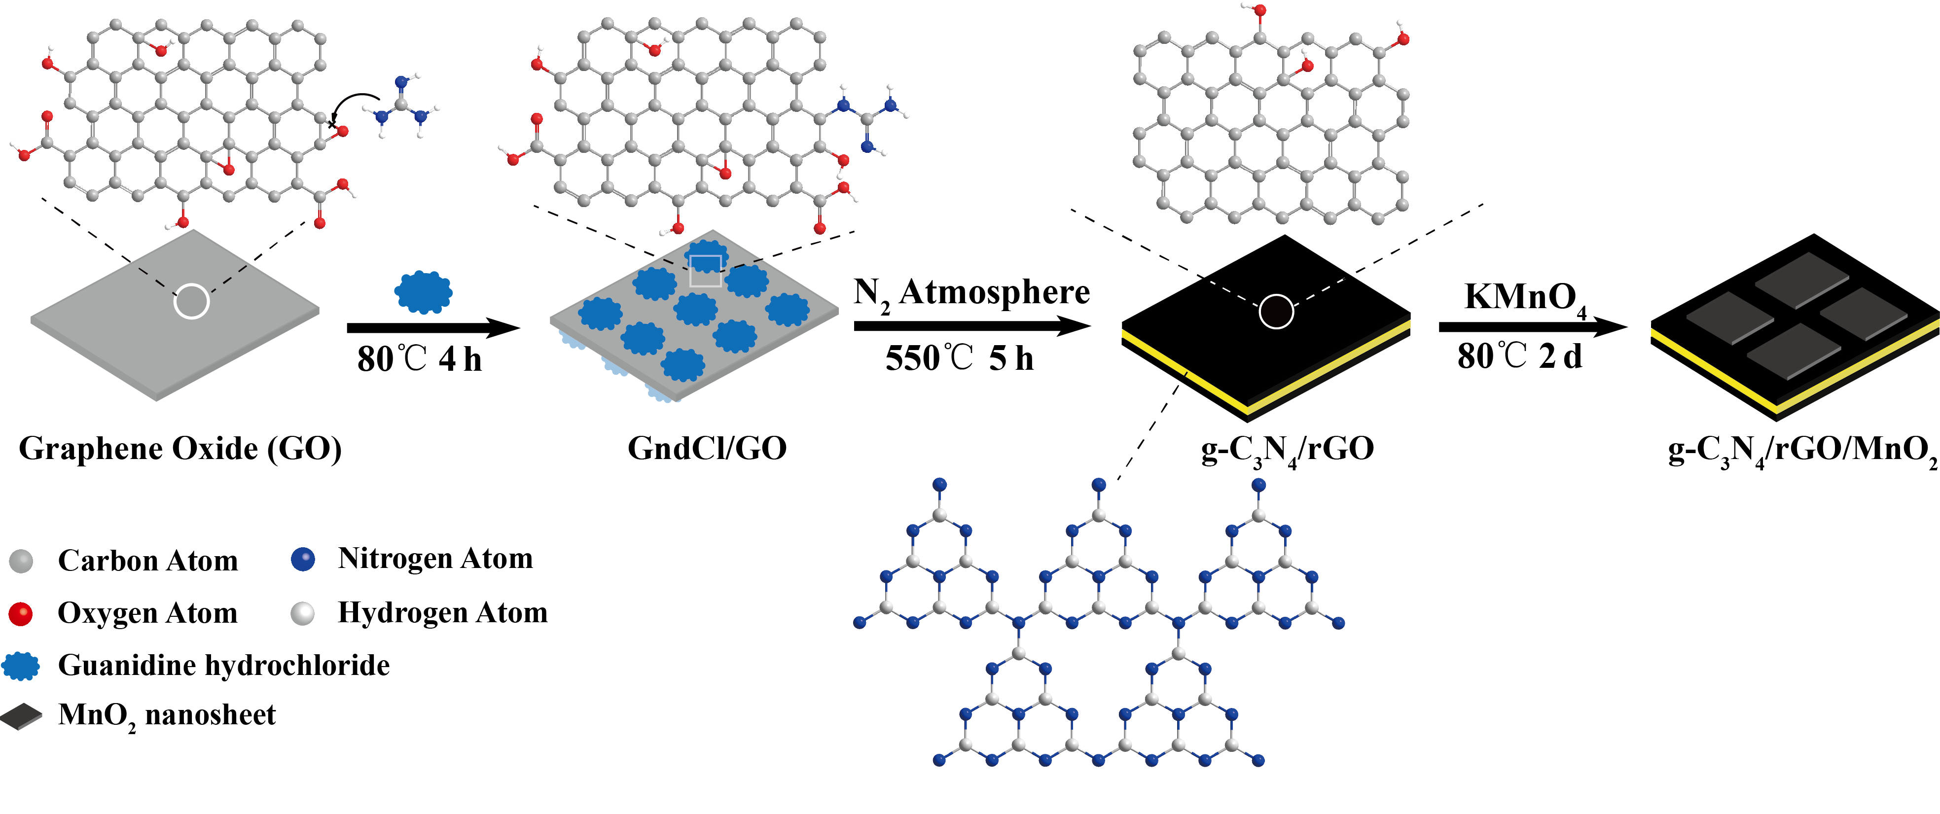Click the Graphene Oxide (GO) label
tap(180, 449)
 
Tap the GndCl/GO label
tap(707, 449)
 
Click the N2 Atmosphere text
tap(971, 292)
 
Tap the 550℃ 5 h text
tap(959, 358)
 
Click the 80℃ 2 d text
tap(1519, 356)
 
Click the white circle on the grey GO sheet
tap(191, 301)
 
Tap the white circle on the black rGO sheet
tap(1277, 311)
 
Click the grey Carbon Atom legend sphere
tap(21, 561)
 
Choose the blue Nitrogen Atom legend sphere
tap(303, 559)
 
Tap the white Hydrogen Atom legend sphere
tap(303, 613)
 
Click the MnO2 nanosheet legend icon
tap(21, 716)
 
